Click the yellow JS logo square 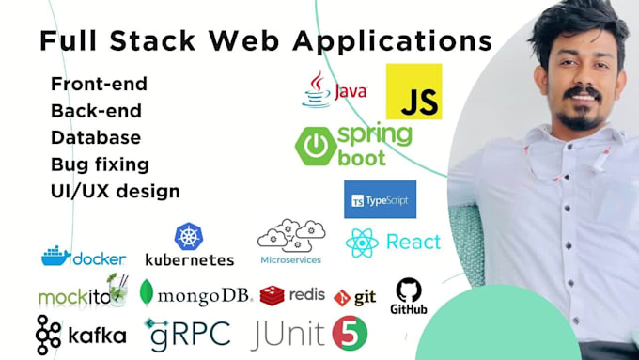(x=413, y=91)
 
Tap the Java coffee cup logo (x=316, y=89)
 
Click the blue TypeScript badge (x=380, y=199)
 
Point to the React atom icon (x=362, y=243)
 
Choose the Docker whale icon (x=55, y=256)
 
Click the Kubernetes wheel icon (x=189, y=236)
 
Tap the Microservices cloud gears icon (x=290, y=236)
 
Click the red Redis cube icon (x=273, y=296)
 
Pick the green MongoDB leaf (x=147, y=294)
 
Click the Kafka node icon (x=49, y=335)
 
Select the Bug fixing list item (x=100, y=164)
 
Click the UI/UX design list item (x=115, y=191)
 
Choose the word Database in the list (x=96, y=137)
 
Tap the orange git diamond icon (x=343, y=297)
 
